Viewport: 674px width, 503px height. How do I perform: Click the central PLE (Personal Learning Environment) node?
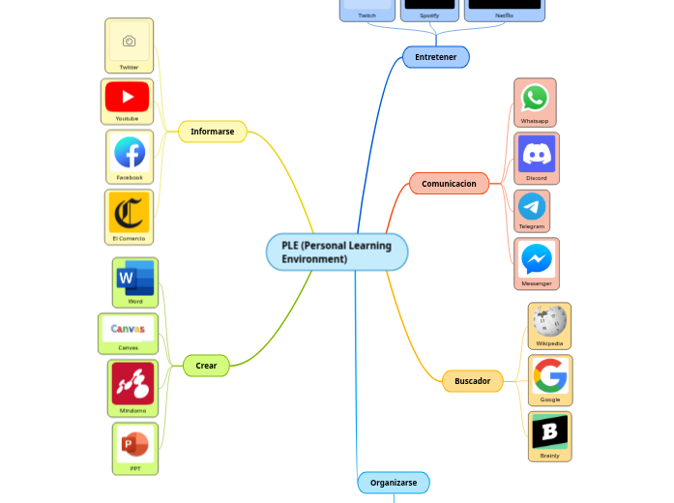point(337,252)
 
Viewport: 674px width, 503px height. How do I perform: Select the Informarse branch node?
point(213,132)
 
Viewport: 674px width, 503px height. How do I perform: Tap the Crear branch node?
point(206,366)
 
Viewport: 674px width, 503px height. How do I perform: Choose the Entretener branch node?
point(435,57)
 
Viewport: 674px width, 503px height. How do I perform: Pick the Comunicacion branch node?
point(449,183)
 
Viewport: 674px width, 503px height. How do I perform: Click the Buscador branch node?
point(472,381)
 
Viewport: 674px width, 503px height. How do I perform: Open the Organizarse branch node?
point(394,482)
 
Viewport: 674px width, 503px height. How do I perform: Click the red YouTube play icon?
point(128,97)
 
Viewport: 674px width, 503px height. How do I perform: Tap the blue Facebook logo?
point(130,153)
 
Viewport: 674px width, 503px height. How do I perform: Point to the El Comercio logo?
point(129,212)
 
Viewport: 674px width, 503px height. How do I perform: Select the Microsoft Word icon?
point(134,278)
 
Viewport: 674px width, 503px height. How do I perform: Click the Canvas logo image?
point(128,329)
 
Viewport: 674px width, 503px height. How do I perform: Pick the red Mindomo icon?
point(132,384)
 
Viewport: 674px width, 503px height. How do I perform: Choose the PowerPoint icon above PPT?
point(134,445)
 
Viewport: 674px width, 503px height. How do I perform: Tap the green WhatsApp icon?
point(535,98)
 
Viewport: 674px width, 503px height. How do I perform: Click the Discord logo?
point(536,154)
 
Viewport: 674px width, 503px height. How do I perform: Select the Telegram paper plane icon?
point(531,206)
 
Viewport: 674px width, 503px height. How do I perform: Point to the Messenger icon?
point(537,258)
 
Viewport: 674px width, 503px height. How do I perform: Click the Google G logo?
point(550,375)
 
